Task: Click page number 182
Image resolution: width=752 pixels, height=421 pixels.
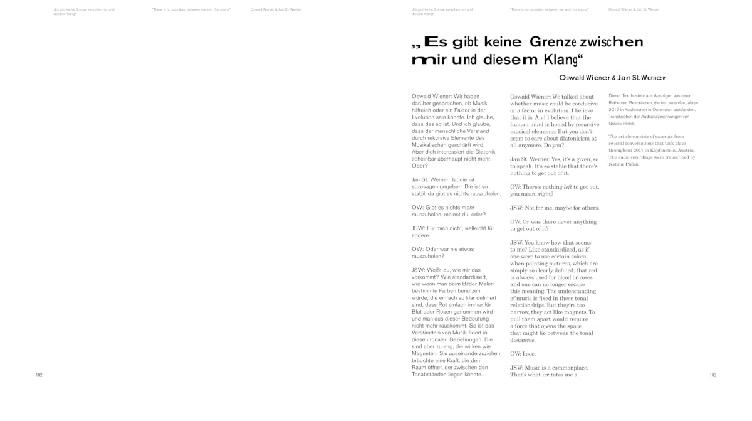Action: tap(39, 375)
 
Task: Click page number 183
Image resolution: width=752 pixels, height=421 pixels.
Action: tap(713, 375)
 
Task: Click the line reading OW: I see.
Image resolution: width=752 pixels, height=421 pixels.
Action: tap(524, 354)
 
